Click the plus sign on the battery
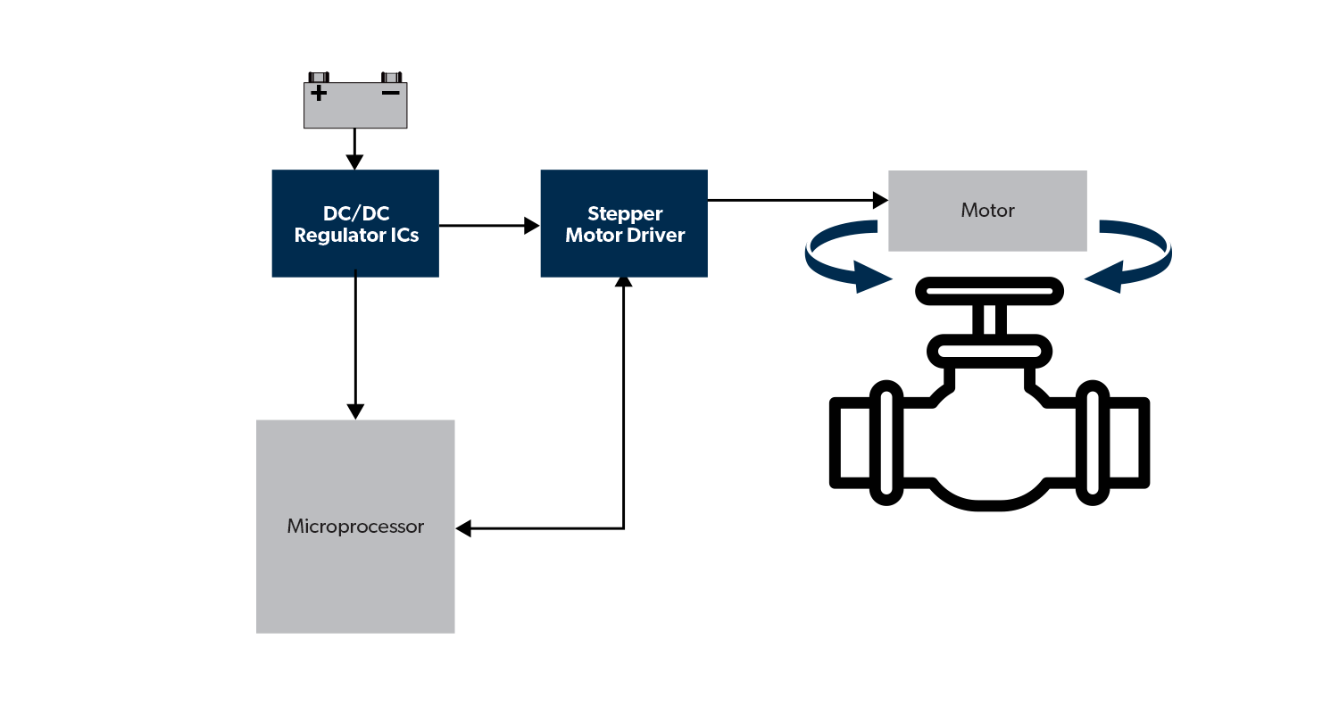319,92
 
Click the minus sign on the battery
390,92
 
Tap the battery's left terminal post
319,77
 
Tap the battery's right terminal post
392,77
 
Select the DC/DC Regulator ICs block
355,223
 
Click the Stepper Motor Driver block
624,223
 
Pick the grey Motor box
987,211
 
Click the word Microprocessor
355,527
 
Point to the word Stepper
625,214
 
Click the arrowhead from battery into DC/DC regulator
355,162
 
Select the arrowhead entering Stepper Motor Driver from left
532,226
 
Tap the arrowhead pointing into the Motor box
880,200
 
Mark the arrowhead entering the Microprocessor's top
355,411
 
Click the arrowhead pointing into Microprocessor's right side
463,528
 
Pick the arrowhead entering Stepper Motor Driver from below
624,283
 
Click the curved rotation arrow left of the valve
839,263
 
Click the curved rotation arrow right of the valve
1134,263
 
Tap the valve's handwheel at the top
988,292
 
